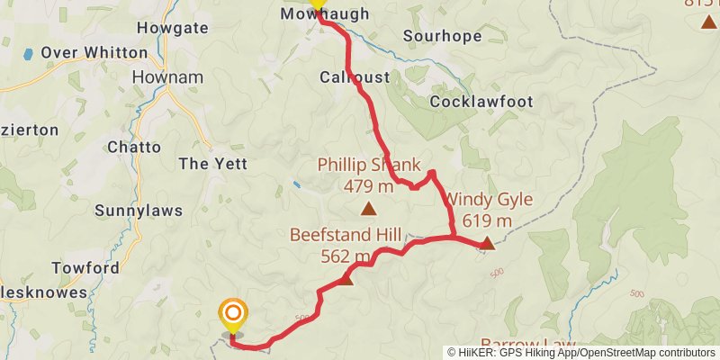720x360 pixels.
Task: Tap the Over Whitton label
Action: (94, 52)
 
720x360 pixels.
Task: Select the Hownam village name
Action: (157, 77)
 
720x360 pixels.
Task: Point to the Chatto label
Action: (134, 147)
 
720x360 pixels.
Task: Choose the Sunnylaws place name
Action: (139, 211)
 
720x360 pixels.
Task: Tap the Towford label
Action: (85, 268)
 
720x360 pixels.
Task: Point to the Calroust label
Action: (355, 77)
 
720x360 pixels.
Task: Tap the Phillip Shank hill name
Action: (369, 165)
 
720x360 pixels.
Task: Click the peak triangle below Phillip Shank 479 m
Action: (368, 210)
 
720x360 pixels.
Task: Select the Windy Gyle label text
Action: (490, 199)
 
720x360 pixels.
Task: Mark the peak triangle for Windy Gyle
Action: (486, 243)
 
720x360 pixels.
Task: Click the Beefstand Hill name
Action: (345, 234)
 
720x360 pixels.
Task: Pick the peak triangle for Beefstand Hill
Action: (346, 279)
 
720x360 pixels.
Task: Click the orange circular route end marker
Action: (232, 314)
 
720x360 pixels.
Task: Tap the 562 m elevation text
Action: (345, 256)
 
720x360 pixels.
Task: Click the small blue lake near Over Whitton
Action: (29, 54)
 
